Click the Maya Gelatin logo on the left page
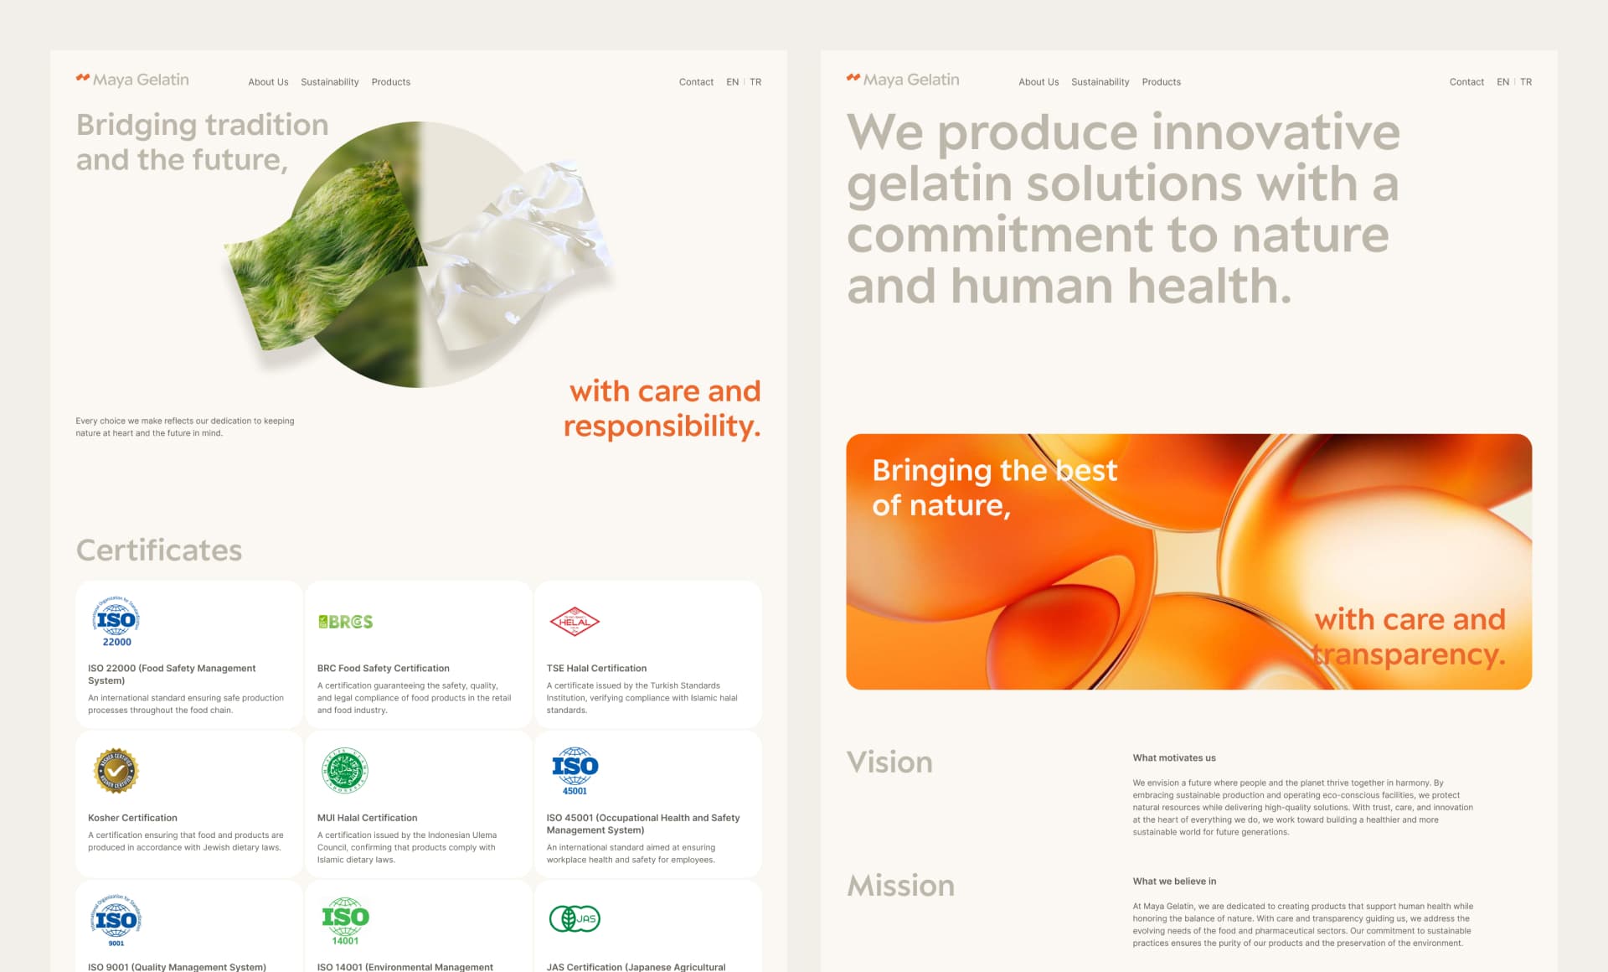point(132,80)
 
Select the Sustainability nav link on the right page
point(1100,82)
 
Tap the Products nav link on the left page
point(390,82)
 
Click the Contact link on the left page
point(696,82)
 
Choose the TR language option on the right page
point(1526,82)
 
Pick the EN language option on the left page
point(732,82)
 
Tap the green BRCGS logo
point(345,622)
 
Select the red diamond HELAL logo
point(575,622)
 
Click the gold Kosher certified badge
point(116,771)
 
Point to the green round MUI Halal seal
point(345,771)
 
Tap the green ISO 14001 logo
point(345,921)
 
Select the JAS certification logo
point(575,919)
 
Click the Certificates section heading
point(159,551)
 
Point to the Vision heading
point(889,763)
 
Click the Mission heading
point(900,886)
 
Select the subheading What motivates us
point(1174,757)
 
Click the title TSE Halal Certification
point(596,669)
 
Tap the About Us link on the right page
point(1038,82)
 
